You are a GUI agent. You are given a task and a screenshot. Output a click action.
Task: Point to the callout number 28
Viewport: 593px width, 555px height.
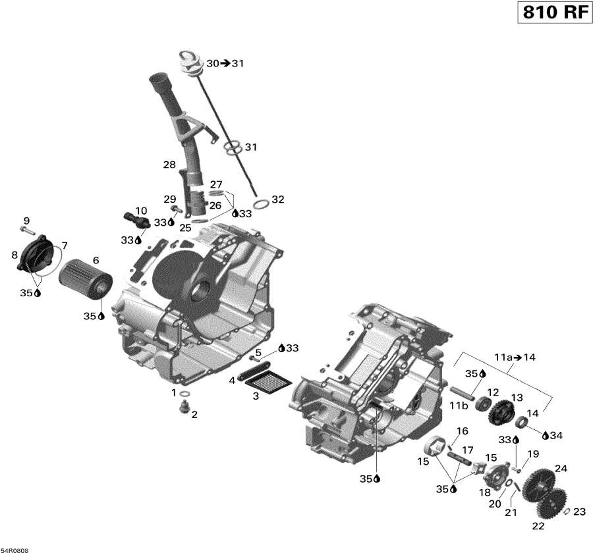(x=170, y=164)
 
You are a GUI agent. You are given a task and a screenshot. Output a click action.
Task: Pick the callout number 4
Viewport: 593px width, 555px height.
(x=232, y=381)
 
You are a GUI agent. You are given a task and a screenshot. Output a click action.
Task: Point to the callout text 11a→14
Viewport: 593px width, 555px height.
(x=516, y=357)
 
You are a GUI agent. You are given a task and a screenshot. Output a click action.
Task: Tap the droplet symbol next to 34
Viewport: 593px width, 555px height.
(x=545, y=435)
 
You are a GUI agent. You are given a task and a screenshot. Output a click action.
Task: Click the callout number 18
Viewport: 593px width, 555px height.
(x=484, y=492)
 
